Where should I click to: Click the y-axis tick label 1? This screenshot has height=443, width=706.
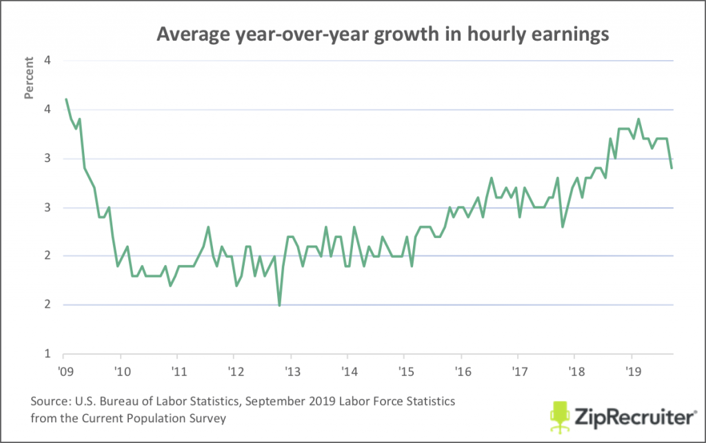(x=48, y=354)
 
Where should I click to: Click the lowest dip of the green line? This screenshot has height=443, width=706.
(x=279, y=305)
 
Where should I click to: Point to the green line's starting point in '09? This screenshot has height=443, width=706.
(x=65, y=99)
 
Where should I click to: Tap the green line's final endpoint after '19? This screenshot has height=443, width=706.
(x=672, y=168)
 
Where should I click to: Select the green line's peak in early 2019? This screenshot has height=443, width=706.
(x=638, y=119)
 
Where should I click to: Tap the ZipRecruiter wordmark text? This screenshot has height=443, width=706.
(x=632, y=417)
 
